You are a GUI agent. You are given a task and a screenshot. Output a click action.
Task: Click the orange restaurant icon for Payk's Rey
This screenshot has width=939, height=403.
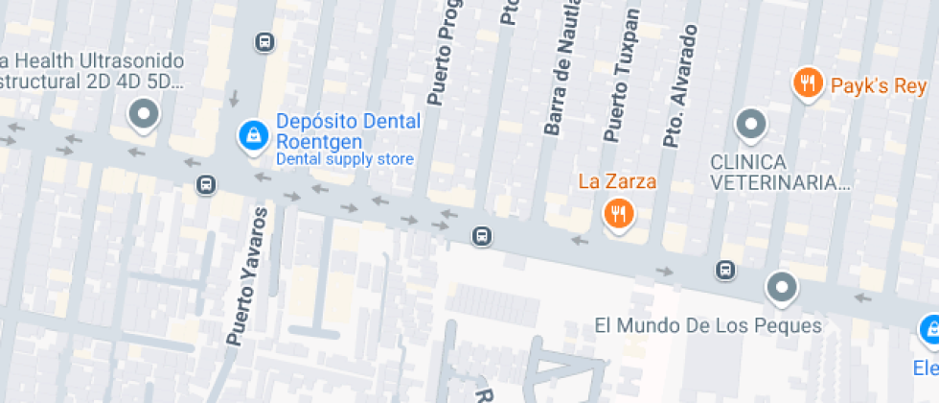pyautogui.click(x=809, y=83)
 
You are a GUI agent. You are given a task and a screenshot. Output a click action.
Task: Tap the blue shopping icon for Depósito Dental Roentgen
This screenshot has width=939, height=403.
pyautogui.click(x=252, y=135)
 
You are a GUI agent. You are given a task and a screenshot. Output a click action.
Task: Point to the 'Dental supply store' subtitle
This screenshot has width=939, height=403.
pyautogui.click(x=345, y=159)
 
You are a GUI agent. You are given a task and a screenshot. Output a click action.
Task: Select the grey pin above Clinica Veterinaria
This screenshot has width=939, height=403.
pyautogui.click(x=750, y=124)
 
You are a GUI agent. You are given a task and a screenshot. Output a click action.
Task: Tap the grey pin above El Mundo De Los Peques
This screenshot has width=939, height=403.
pyautogui.click(x=782, y=286)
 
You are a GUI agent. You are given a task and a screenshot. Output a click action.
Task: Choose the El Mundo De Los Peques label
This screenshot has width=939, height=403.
pyautogui.click(x=708, y=325)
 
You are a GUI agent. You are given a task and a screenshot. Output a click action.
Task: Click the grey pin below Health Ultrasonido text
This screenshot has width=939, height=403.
pyautogui.click(x=145, y=114)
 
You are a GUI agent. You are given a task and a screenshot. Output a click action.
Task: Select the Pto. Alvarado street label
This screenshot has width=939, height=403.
pyautogui.click(x=678, y=86)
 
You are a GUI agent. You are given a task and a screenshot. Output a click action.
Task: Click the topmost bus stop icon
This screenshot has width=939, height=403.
pyautogui.click(x=264, y=42)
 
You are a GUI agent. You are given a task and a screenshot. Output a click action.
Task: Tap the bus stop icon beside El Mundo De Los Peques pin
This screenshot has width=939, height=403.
pyautogui.click(x=726, y=270)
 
